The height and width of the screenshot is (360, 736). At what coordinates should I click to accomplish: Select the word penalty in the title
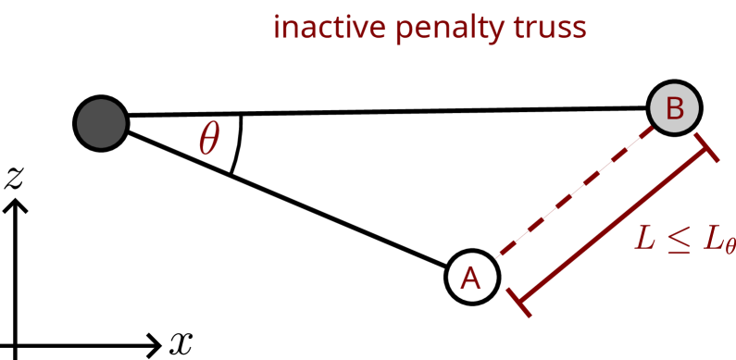pos(452,30)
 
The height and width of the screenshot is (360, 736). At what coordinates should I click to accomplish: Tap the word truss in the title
pos(550,29)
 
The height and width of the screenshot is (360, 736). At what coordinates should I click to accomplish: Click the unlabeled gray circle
pos(101,123)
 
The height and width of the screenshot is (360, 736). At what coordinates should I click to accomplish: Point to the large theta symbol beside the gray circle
pos(209,140)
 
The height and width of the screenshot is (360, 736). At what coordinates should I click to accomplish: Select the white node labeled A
pos(472,277)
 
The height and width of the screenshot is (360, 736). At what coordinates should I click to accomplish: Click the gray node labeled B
pos(674,108)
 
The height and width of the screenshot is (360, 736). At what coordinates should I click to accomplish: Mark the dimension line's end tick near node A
pos(519,302)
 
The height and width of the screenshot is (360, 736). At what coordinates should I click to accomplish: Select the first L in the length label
pos(645,238)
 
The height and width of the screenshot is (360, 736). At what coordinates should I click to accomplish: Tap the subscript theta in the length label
pos(730,246)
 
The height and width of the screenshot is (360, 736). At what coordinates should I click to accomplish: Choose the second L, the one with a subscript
pos(713,238)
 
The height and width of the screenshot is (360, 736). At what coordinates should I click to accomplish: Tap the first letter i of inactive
pos(277,28)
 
